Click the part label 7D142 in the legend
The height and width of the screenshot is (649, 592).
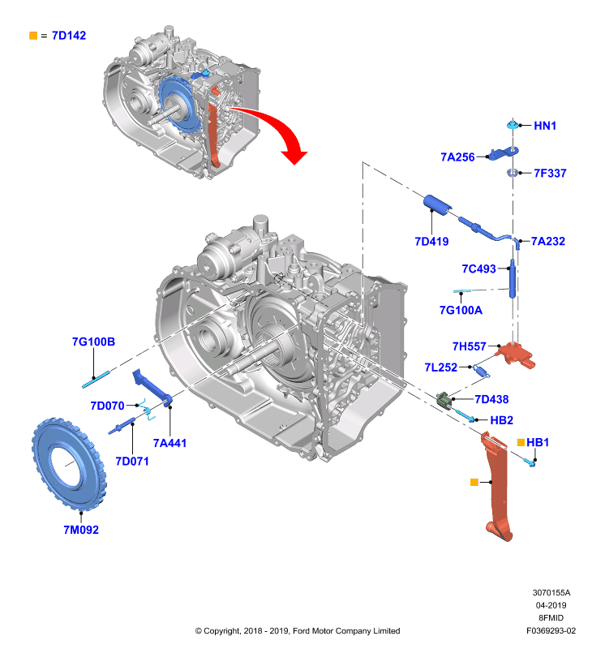click(x=69, y=36)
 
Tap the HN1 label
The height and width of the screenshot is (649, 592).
click(x=545, y=126)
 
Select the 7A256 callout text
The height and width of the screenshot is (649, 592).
click(x=457, y=157)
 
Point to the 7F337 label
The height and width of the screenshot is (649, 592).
click(x=550, y=173)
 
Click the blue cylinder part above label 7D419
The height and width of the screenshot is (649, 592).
click(x=437, y=205)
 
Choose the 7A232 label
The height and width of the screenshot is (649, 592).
click(x=547, y=241)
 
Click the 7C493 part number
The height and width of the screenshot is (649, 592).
click(x=478, y=269)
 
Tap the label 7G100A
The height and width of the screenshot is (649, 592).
click(x=461, y=310)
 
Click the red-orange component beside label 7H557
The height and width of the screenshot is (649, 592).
click(x=516, y=355)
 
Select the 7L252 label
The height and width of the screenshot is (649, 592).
click(x=441, y=367)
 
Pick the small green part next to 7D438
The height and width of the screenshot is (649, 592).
click(x=444, y=400)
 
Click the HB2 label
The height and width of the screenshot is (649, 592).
click(x=501, y=420)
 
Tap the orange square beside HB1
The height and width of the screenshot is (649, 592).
click(x=521, y=442)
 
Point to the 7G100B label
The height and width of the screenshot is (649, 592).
click(x=93, y=342)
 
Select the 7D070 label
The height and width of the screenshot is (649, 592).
click(x=107, y=406)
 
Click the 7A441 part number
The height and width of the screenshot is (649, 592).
click(x=169, y=443)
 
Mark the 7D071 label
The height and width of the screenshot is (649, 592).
click(x=132, y=461)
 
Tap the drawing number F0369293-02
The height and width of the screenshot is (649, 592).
click(x=551, y=631)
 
